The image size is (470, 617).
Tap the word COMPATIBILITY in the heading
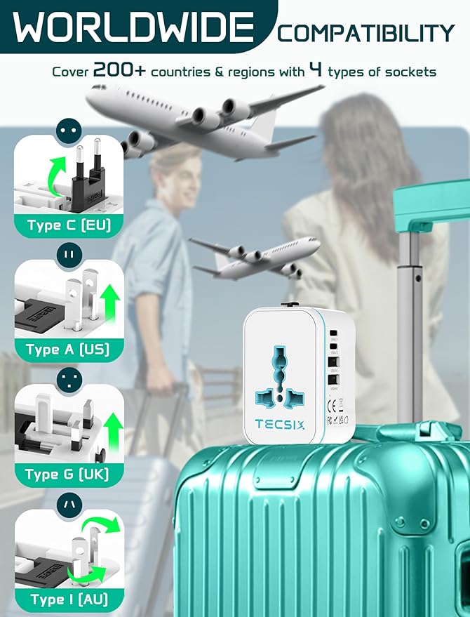[365, 32]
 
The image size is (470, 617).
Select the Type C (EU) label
[68, 226]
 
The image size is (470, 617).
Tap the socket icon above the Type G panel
[69, 379]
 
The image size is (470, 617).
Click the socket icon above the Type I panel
[69, 504]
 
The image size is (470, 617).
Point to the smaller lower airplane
[255, 256]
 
